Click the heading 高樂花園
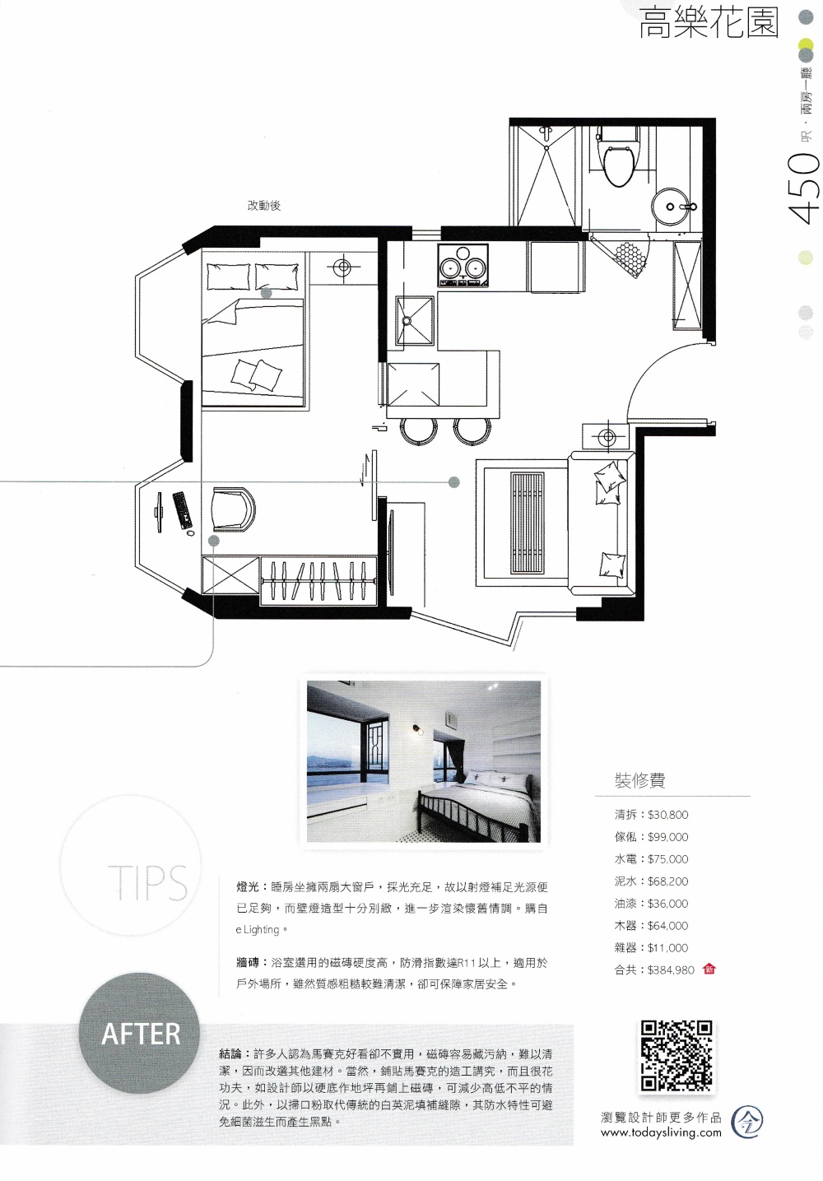pos(709,24)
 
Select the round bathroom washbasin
pos(672,207)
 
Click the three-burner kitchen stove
pos(463,267)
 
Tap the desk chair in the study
pos(234,508)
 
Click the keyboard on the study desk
pos(183,509)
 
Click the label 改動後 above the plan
pos(263,206)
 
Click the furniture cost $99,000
pos(668,837)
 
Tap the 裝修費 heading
pos(639,779)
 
